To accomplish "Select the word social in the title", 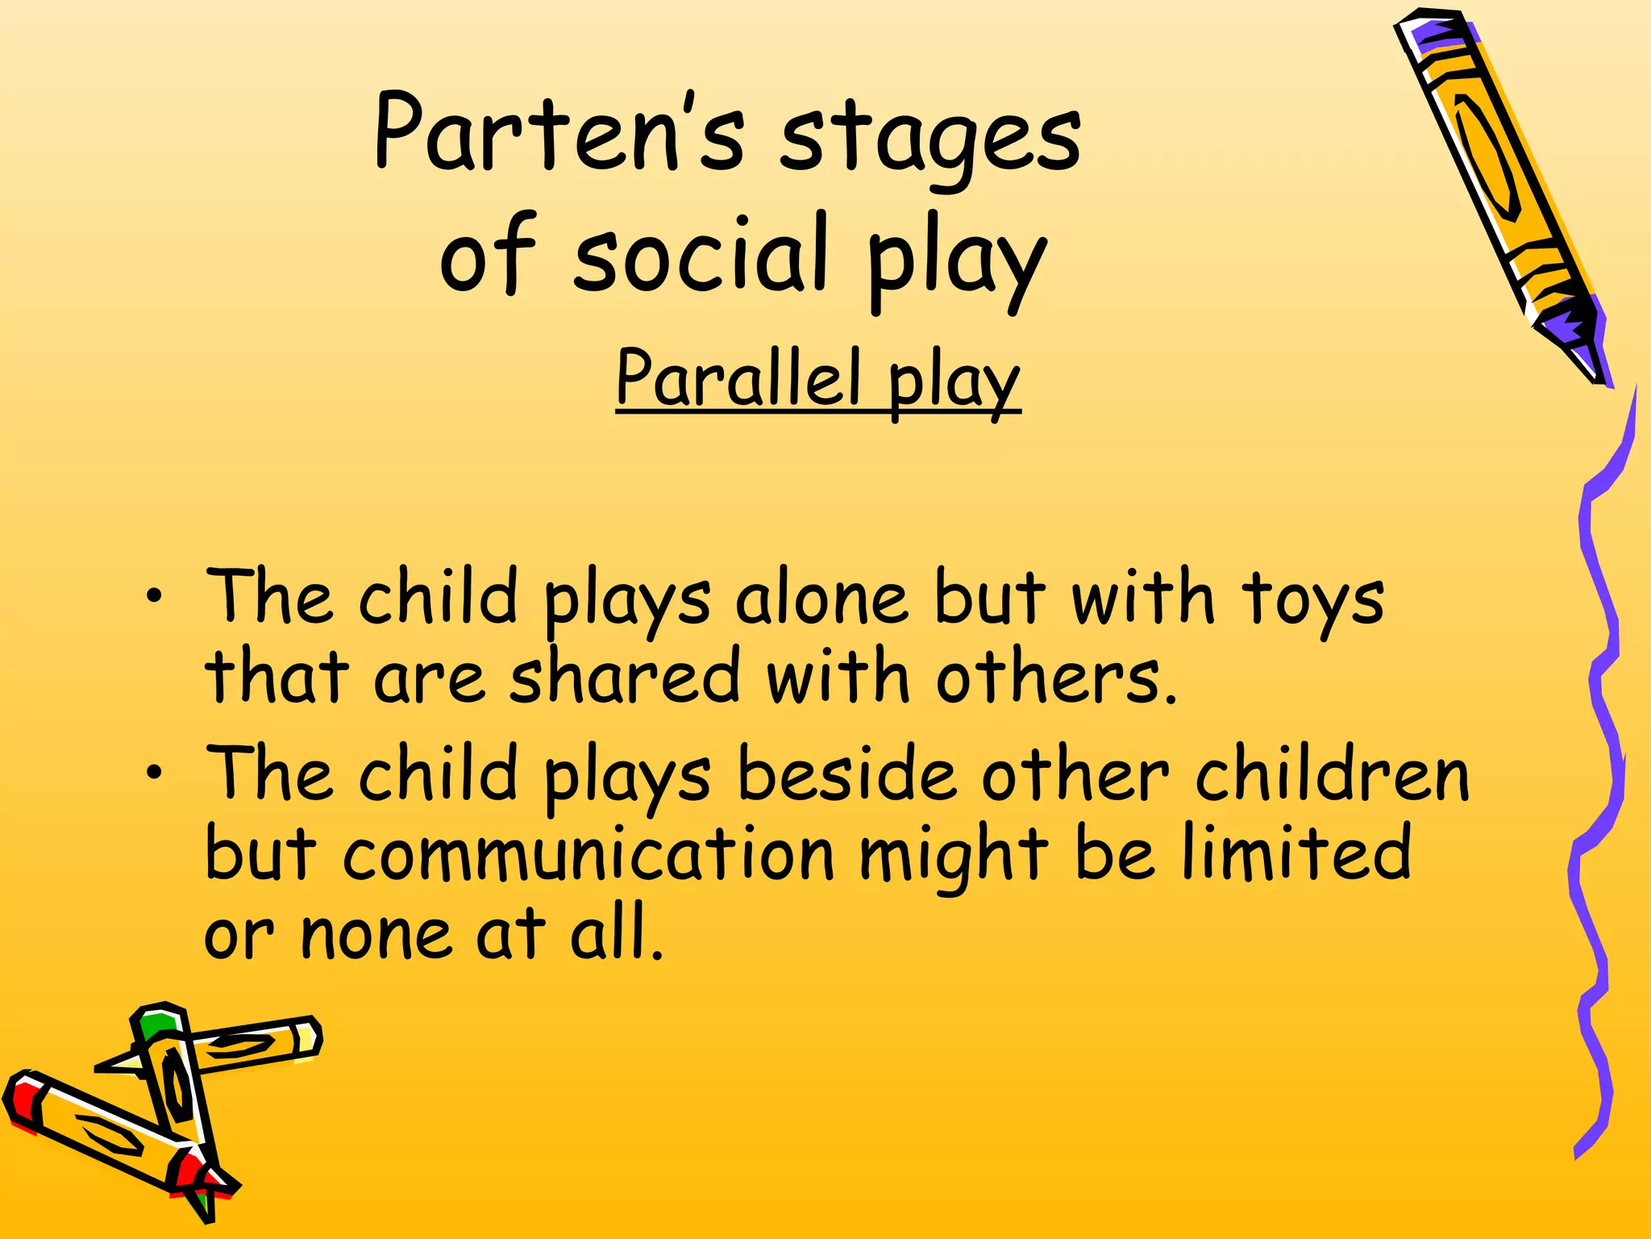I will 701,258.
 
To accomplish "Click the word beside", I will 846,774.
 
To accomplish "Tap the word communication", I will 588,855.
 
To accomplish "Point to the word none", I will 376,936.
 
